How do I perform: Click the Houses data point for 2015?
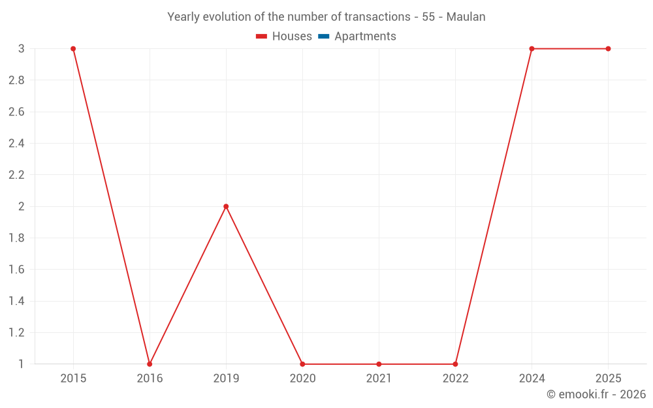point(73,49)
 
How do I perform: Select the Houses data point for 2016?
point(150,364)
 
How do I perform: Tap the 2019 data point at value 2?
point(226,206)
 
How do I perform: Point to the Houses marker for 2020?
point(302,364)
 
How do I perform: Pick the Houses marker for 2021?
point(379,364)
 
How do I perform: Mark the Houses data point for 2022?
point(455,364)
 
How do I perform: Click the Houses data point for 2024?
point(532,49)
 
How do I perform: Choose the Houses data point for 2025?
point(608,49)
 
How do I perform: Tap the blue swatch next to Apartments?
point(323,37)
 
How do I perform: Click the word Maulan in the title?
point(466,17)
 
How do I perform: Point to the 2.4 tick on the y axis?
point(16,144)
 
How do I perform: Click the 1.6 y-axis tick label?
point(16,270)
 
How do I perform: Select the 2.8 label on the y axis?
point(16,80)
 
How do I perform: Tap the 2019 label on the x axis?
point(226,379)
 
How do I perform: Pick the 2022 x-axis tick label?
point(455,379)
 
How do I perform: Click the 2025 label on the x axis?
point(608,379)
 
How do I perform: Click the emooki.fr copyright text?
point(596,394)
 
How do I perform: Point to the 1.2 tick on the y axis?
point(16,332)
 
